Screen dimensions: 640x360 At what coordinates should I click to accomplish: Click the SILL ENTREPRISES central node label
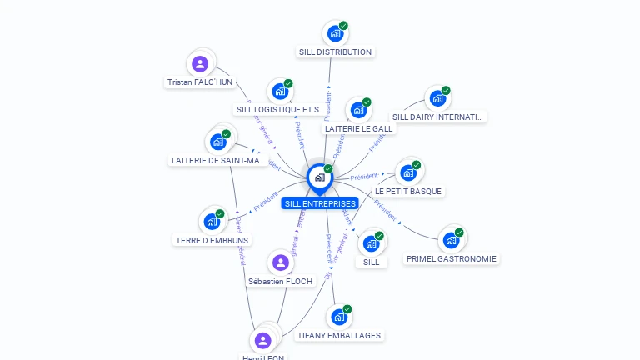pyautogui.click(x=320, y=203)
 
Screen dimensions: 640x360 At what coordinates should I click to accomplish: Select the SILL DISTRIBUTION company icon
pyautogui.click(x=335, y=34)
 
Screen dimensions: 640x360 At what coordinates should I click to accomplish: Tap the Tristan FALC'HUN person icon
pyautogui.click(x=200, y=64)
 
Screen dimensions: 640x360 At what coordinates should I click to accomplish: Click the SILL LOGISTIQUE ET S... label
pyautogui.click(x=280, y=109)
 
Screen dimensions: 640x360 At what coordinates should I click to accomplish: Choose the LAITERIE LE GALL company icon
pyautogui.click(x=358, y=110)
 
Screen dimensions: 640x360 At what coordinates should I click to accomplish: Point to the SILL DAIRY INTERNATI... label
pyautogui.click(x=437, y=117)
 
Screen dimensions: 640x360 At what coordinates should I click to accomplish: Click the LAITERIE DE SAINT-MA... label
pyautogui.click(x=218, y=160)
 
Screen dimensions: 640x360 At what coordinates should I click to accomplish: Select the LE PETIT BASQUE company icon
pyautogui.click(x=407, y=172)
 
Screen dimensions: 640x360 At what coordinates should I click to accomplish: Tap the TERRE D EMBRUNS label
pyautogui.click(x=212, y=241)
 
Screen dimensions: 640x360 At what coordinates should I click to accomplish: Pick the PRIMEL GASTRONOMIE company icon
pyautogui.click(x=451, y=240)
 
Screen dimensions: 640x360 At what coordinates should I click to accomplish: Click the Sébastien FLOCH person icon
pyautogui.click(x=282, y=263)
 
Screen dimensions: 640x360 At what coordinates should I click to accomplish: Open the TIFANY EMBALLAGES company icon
pyautogui.click(x=338, y=317)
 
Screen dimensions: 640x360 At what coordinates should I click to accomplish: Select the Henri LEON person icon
pyautogui.click(x=263, y=340)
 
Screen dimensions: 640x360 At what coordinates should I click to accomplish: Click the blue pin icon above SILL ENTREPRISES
pyautogui.click(x=319, y=177)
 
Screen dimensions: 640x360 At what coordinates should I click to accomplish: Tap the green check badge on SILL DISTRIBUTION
pyautogui.click(x=343, y=26)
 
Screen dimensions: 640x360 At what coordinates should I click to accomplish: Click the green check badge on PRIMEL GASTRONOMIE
pyautogui.click(x=459, y=232)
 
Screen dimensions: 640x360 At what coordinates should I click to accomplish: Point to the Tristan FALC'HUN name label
pyautogui.click(x=200, y=82)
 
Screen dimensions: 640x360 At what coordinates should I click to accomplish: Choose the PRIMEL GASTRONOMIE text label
pyautogui.click(x=451, y=258)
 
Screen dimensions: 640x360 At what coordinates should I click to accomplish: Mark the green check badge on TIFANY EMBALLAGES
pyautogui.click(x=347, y=309)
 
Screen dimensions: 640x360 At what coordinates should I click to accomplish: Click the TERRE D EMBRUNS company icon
pyautogui.click(x=212, y=222)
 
